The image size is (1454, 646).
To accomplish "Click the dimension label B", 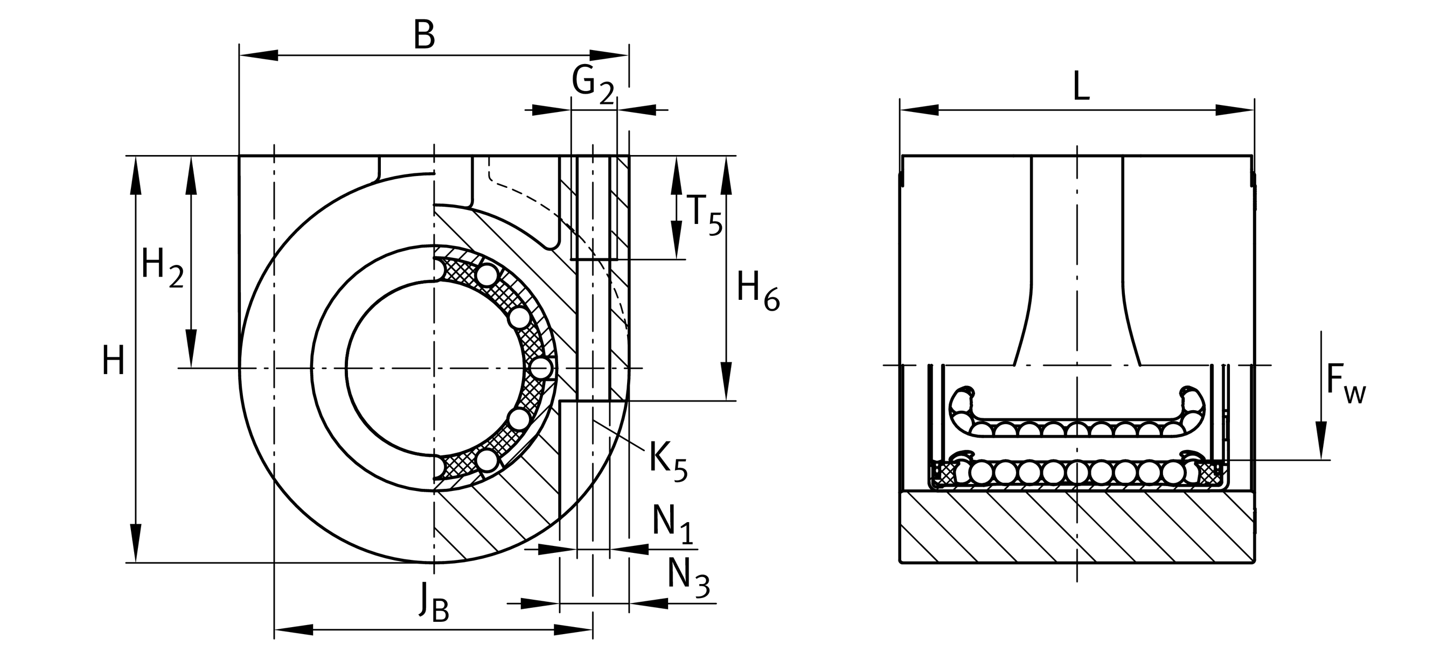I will click(x=424, y=35).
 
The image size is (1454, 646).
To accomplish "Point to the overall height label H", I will click(x=113, y=362).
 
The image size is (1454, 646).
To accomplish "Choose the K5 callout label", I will click(x=667, y=460).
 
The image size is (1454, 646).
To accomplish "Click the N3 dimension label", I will click(x=687, y=577).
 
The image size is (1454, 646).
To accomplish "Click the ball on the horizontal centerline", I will click(x=541, y=368).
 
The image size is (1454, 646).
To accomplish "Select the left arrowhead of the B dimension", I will click(x=260, y=55).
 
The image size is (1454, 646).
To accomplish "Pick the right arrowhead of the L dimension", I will click(x=1234, y=110).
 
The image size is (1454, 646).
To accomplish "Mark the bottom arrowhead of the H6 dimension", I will click(x=726, y=381).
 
